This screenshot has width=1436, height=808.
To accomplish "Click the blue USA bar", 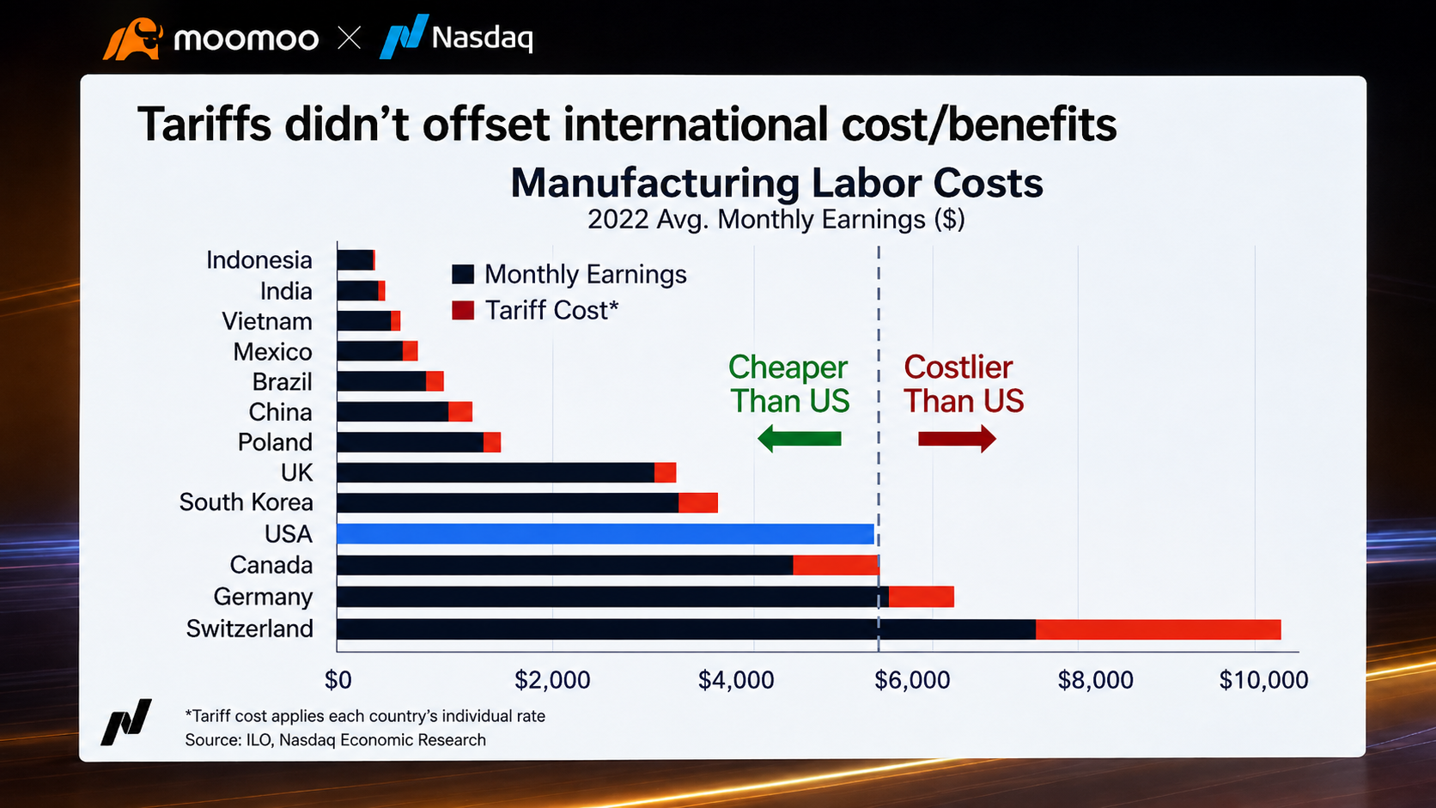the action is pos(605,534).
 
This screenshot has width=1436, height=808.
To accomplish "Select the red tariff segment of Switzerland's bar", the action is pos(1159,629).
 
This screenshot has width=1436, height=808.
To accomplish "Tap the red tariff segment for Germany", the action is pos(922,597).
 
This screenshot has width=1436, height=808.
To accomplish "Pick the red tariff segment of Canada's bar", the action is pos(836,565).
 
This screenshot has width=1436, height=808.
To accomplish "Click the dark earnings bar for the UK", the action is pos(496,473).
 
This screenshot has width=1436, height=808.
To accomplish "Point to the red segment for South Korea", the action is pos(698,503).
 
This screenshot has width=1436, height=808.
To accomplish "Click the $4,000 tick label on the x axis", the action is pos(736,680).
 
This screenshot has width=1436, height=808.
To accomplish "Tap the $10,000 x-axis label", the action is pos(1263,680).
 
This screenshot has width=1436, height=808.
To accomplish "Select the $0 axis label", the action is pos(338,680).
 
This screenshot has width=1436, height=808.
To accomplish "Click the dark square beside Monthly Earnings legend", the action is pos(463,274).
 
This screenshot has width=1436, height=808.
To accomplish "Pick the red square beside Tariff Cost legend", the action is pos(463,311).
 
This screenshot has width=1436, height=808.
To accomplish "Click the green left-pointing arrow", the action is pos(799,439).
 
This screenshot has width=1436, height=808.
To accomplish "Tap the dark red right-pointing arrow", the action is pos(957,439).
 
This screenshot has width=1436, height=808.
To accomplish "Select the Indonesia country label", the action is pos(259,260).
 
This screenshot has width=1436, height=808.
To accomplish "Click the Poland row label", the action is pos(275,442).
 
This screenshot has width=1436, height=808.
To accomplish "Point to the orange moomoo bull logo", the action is pos(133,39).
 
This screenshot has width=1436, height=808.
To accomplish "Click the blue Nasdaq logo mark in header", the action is pos(404,37).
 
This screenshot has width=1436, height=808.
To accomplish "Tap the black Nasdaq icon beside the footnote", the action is pos(126,722).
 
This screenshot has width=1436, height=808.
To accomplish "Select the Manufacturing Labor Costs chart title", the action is pos(776,183).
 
